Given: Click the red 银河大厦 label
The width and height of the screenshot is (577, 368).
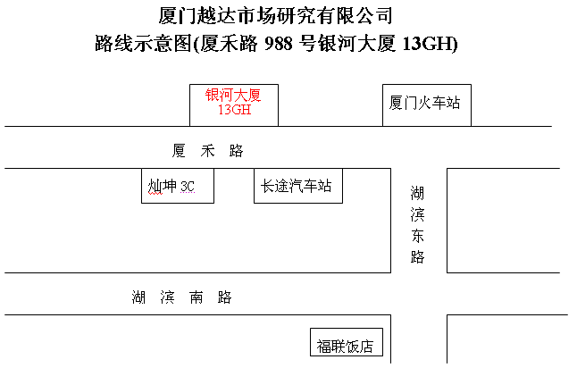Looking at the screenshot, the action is click(x=233, y=95).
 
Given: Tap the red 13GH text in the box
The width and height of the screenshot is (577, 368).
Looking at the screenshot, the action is click(x=234, y=109).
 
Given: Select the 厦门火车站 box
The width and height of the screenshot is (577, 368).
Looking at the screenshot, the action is click(x=427, y=105).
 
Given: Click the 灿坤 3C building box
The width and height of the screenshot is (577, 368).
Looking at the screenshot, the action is click(x=178, y=186).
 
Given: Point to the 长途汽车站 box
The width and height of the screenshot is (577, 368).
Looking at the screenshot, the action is click(x=298, y=186).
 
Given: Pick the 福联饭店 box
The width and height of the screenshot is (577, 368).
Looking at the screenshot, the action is click(x=347, y=342).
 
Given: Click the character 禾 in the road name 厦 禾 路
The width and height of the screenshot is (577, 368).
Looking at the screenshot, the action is click(x=207, y=151).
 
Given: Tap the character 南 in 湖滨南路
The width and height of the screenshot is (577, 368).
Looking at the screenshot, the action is click(x=196, y=297).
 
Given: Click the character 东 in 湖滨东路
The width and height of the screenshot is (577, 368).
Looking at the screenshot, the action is click(x=418, y=236).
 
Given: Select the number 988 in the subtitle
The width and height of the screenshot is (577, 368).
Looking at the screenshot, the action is click(x=278, y=44).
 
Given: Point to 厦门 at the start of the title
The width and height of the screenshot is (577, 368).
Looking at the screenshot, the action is click(x=178, y=16).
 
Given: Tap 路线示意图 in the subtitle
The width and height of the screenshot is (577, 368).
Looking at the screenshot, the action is click(x=144, y=44).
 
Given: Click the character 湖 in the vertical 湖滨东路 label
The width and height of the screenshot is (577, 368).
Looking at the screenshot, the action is click(x=418, y=193).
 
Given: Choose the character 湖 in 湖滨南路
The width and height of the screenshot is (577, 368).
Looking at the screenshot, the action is click(x=138, y=297).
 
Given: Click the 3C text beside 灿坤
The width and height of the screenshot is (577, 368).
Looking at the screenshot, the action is click(x=188, y=187).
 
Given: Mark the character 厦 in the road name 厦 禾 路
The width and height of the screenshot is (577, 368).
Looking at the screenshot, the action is click(x=179, y=151).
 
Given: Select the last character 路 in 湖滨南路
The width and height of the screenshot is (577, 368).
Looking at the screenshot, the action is click(x=224, y=297).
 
